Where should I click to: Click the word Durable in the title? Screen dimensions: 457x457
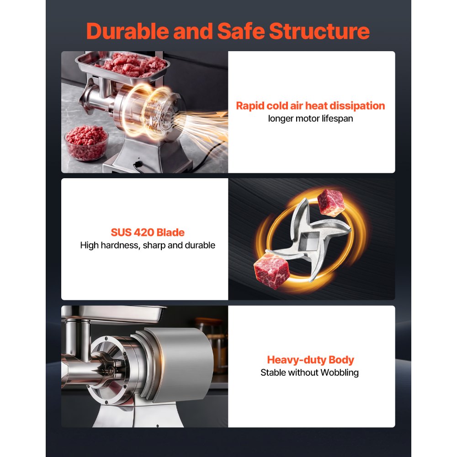(x=128, y=31)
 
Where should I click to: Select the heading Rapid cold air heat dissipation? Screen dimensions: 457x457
(x=310, y=106)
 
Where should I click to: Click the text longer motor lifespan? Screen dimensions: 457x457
(x=310, y=119)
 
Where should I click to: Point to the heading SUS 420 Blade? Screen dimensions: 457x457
(x=148, y=232)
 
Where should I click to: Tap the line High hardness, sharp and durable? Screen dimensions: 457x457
(x=148, y=245)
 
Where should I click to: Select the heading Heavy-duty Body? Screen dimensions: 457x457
(x=310, y=360)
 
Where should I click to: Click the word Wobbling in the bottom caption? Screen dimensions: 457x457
(x=340, y=373)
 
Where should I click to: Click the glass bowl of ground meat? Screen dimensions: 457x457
(x=86, y=143)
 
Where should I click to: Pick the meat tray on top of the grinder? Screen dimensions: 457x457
(x=122, y=65)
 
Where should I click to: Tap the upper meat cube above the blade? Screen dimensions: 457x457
(x=331, y=202)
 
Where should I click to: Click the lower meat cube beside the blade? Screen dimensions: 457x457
(x=271, y=271)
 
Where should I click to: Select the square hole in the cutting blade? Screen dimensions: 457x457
(x=310, y=241)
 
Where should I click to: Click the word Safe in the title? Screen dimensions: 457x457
(x=241, y=31)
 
